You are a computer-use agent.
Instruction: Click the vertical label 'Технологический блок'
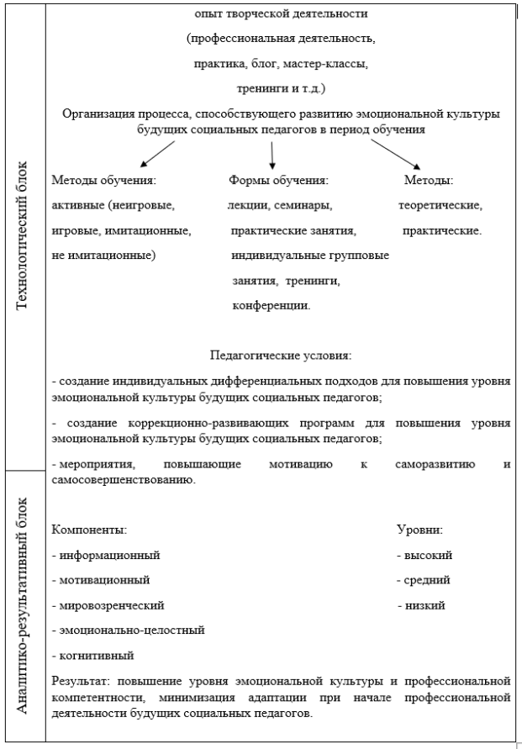22,235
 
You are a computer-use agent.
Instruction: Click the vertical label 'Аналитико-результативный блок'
22,606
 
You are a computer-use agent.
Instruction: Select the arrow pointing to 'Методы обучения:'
157,154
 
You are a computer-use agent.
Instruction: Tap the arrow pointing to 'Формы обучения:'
272,156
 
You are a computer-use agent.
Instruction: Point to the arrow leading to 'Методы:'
396,155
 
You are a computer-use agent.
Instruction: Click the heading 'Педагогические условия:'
281,356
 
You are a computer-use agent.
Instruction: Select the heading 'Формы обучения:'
278,181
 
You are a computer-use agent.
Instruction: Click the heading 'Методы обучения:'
104,181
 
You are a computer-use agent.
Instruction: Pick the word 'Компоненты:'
89,530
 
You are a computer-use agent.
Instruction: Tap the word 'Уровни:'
419,530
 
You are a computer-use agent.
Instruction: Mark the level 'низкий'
425,606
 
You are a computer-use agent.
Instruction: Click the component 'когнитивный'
97,656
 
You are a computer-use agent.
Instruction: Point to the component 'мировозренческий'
112,606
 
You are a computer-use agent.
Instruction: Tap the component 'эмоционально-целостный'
132,630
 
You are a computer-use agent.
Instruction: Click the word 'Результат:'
82,681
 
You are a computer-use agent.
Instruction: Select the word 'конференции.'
272,306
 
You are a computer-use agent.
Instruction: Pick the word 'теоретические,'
440,206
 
